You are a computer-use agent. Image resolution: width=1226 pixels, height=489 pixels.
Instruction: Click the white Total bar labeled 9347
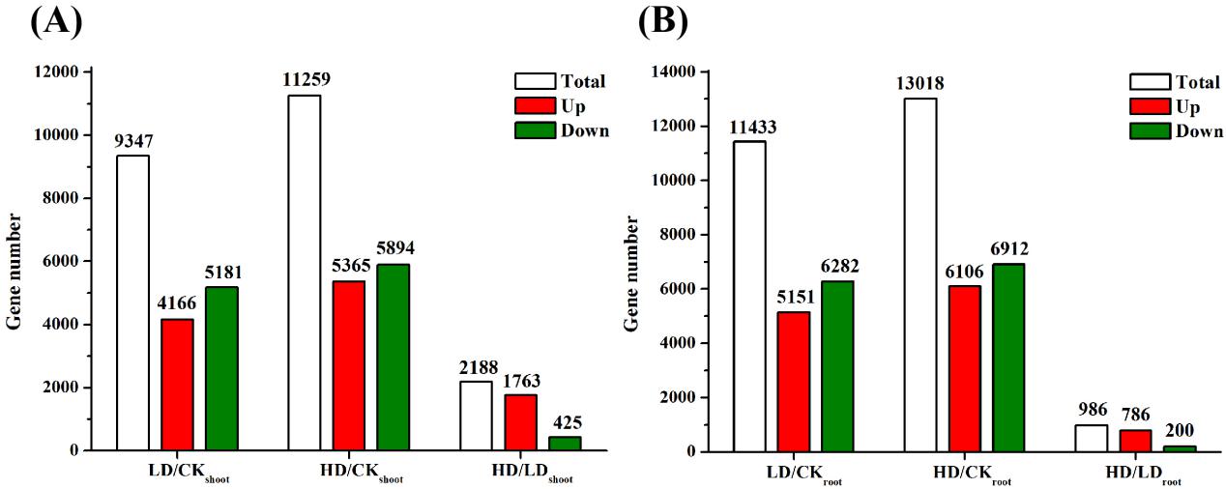132,302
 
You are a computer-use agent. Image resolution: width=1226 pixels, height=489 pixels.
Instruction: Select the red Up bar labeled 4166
177,385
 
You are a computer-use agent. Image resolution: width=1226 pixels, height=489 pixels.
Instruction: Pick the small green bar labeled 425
565,444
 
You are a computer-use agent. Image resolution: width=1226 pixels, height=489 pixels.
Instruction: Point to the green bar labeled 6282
836,365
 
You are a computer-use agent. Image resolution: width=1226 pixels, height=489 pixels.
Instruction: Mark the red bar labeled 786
1135,440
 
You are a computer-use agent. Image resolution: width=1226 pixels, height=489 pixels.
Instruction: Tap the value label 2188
477,367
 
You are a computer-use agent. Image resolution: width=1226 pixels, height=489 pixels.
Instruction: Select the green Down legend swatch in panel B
1149,130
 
